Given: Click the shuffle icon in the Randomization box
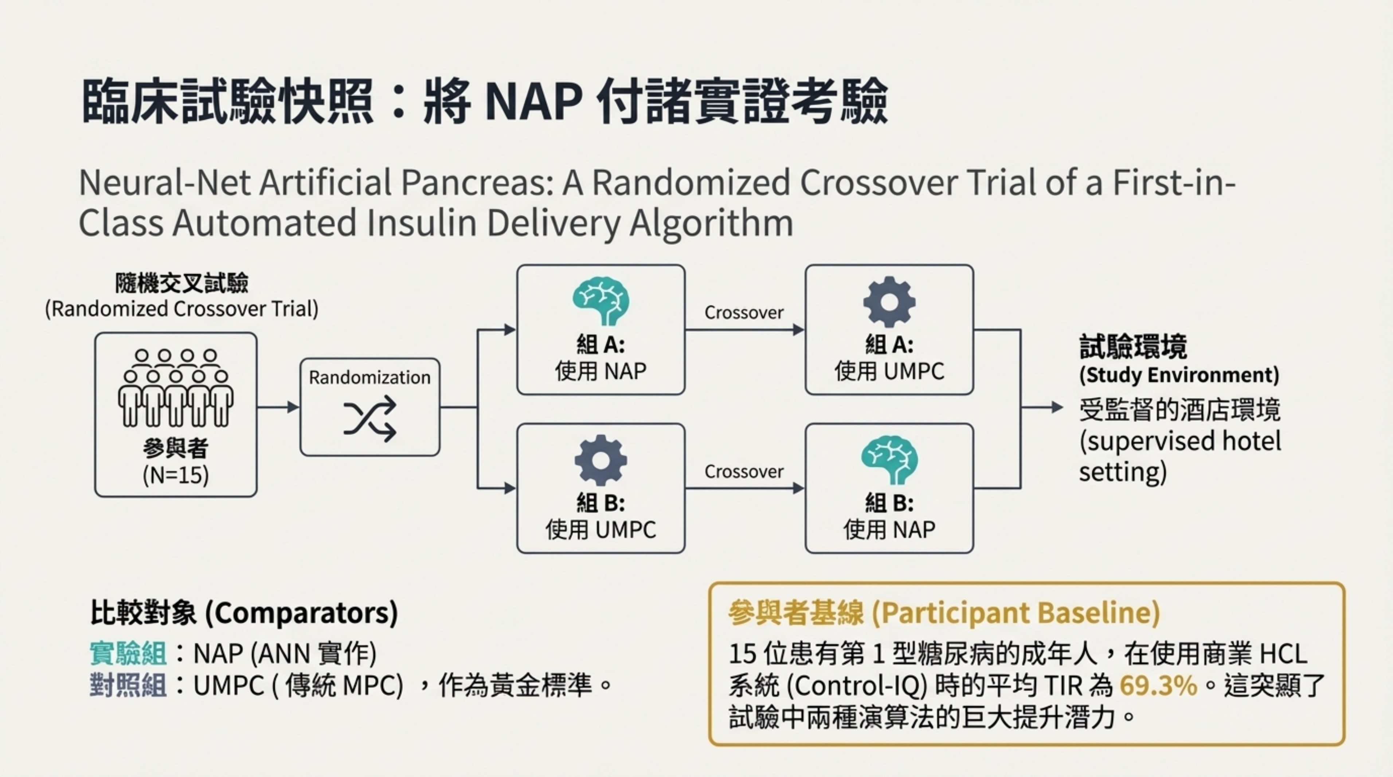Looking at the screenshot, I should tap(370, 418).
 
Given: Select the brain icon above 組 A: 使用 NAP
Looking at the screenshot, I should tap(601, 300).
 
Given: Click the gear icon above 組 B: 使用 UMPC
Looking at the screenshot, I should tap(601, 460).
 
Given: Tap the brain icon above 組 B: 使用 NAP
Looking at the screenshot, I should tap(889, 460).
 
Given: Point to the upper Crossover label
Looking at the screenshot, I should tap(744, 312).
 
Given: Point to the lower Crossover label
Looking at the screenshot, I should tap(744, 472).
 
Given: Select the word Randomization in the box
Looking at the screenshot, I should tap(370, 377).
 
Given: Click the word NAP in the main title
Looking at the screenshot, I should tap(534, 101).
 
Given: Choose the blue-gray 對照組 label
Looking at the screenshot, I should tap(128, 686).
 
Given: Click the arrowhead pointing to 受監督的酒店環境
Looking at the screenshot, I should tap(1057, 407).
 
